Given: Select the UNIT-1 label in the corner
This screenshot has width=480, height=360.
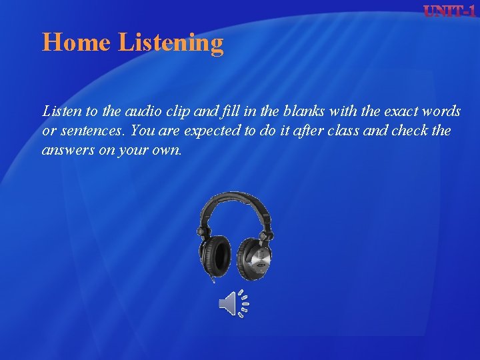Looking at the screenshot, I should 449,11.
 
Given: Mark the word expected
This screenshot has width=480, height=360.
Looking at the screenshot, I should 198,131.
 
